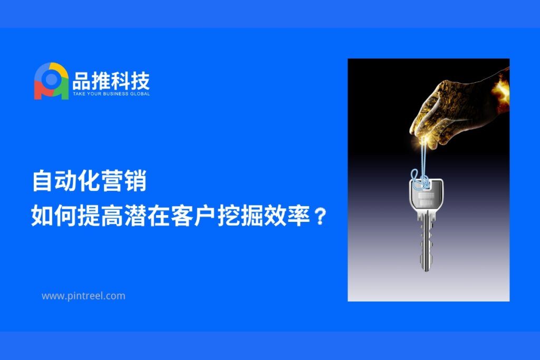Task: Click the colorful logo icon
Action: click(51, 81)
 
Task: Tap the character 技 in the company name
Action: click(140, 81)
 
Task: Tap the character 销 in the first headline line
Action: click(136, 181)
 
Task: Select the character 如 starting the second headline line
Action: click(42, 216)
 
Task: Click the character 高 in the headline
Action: click(112, 216)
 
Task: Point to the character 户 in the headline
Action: click(205, 216)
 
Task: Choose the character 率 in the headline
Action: click(298, 216)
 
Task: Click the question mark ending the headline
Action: click(321, 216)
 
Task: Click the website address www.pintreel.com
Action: click(83, 296)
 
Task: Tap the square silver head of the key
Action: click(426, 194)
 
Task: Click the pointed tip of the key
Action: click(426, 270)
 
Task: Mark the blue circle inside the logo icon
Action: click(51, 79)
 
